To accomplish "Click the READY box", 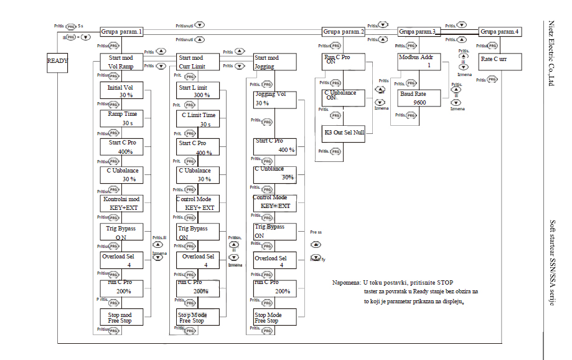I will coord(58,62).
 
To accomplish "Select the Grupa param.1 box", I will coord(122,31).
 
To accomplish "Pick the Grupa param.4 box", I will coord(500,31).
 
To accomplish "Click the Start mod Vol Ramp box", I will coord(121,62).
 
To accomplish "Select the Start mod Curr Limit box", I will coord(197,62).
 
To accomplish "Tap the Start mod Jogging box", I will coord(274,62).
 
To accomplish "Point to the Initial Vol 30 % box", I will coord(121,91).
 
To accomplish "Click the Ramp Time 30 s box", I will coord(121,118).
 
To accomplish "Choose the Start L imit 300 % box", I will coord(197,91).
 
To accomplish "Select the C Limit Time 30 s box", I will coord(197,119).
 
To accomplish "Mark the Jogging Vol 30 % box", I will coord(274,99).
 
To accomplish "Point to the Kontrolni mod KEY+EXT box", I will coord(121,203).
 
